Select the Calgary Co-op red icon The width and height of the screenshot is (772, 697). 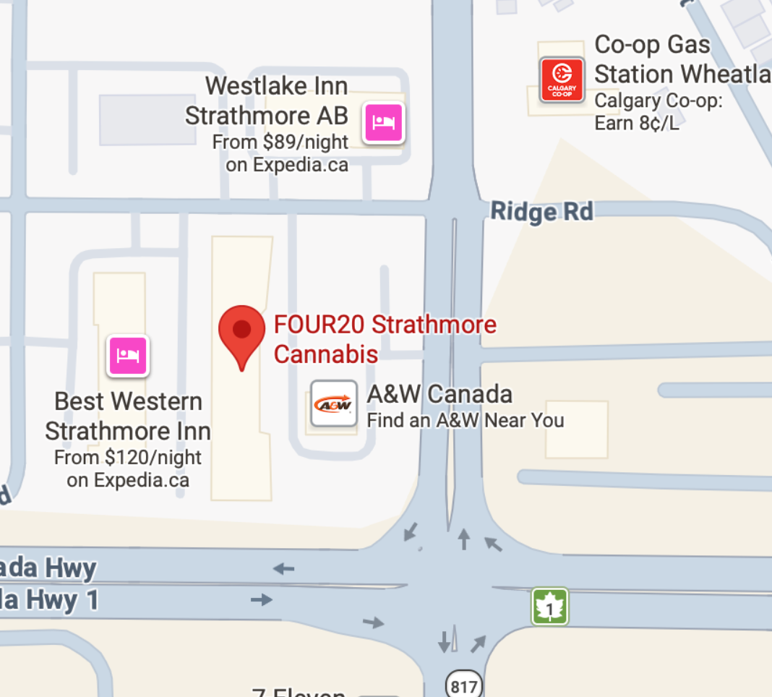coord(562,80)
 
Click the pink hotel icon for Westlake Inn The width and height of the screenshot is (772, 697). coord(383,122)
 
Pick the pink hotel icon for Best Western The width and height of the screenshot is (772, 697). coord(128,356)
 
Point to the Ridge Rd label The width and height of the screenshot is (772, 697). coord(541,212)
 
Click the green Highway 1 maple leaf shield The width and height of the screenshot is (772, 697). coord(550,607)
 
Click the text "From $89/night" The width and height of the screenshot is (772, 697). coord(280,142)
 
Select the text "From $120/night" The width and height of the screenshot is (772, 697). coord(128,457)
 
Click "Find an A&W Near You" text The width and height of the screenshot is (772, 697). coord(466,420)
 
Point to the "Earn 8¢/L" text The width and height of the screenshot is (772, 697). coord(637,123)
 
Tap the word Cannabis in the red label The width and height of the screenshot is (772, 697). coord(326,354)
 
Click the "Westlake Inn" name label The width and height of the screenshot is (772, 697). coord(276,86)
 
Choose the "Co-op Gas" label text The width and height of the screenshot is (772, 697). coord(652,45)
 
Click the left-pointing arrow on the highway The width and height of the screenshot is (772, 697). coord(283,569)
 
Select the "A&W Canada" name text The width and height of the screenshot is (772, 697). coord(439,394)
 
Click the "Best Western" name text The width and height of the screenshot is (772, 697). coord(128,401)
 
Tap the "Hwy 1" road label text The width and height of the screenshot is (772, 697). coord(61,600)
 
